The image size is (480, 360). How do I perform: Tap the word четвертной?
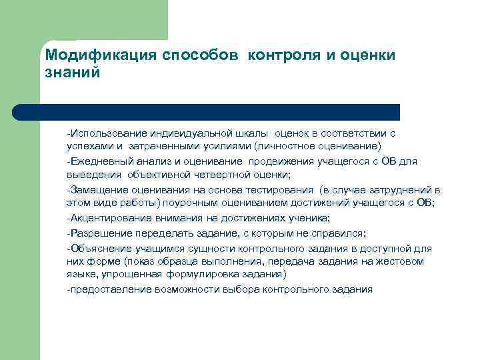click(x=217, y=175)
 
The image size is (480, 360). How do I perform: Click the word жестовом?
click(x=400, y=261)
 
